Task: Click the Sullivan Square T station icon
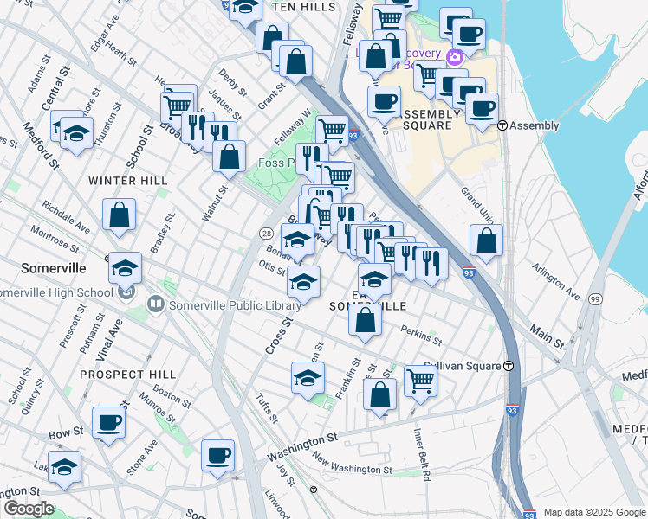point(510,366)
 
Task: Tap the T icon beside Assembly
point(502,125)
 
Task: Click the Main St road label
point(548,337)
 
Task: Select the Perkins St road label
point(422,335)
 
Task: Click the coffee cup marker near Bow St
point(109,422)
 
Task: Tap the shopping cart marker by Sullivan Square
point(419,379)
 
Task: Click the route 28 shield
point(267,234)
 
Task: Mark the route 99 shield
point(595,298)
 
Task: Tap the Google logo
point(29,509)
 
